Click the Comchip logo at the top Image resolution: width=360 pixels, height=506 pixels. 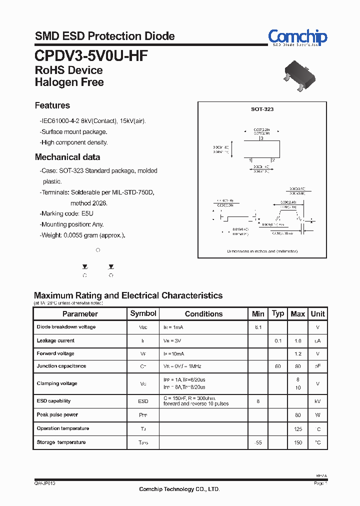[x=297, y=37]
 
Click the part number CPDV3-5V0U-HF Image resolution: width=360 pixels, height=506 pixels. [x=91, y=55]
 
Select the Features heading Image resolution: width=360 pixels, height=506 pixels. [x=52, y=105]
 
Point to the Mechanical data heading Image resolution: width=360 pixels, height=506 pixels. [x=67, y=157]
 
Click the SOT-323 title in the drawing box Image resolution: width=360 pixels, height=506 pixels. [x=262, y=109]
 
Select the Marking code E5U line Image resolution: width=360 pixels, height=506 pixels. [x=66, y=213]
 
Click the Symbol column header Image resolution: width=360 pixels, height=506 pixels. [x=143, y=313]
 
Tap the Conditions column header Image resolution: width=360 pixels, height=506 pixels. [x=203, y=314]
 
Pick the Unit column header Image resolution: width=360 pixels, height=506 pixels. [x=317, y=314]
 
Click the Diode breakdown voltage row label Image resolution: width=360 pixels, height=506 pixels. [x=66, y=327]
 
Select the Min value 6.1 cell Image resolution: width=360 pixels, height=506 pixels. [x=258, y=327]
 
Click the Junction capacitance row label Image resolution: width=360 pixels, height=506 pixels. [x=61, y=366]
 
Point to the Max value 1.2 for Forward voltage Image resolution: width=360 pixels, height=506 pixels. [x=298, y=353]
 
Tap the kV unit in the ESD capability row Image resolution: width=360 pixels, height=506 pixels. [x=317, y=401]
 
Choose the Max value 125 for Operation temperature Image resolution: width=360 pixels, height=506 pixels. [x=298, y=429]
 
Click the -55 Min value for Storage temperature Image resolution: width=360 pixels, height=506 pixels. [x=258, y=442]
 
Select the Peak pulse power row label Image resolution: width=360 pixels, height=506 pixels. [x=57, y=414]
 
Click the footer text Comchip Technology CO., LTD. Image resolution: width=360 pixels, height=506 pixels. [x=179, y=489]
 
